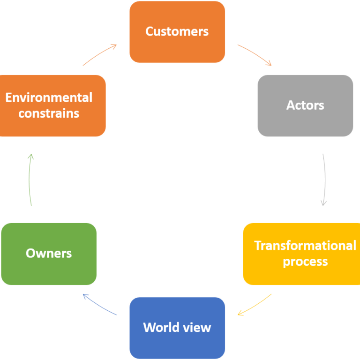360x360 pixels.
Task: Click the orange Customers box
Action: click(177, 32)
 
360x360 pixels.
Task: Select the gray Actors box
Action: click(305, 105)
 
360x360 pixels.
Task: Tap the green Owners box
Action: click(49, 254)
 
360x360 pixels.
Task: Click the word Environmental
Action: click(49, 98)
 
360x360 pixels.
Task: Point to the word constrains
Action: click(49, 113)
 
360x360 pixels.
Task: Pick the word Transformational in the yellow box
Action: click(305, 246)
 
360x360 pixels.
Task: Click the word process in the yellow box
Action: click(305, 262)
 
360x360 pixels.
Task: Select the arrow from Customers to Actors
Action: click(255, 55)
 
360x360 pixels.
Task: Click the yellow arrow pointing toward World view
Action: click(255, 305)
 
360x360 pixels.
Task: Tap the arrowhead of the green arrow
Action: click(31, 156)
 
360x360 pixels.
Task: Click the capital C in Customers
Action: click(150, 32)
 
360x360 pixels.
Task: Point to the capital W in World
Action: click(150, 327)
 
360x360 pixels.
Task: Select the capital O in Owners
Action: click(30, 254)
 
